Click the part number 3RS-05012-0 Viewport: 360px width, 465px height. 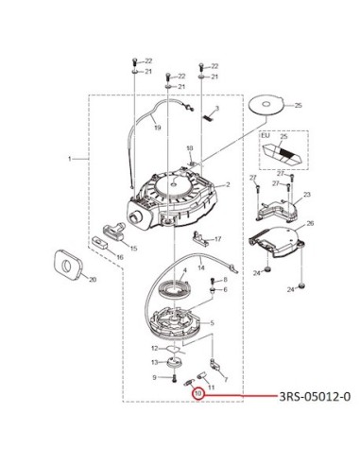pos(315,396)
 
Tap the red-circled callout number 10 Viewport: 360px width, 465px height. pos(198,393)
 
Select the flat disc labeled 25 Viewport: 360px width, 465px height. pos(266,104)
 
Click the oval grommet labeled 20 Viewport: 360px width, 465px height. pos(68,265)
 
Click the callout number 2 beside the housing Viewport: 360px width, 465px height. pos(228,184)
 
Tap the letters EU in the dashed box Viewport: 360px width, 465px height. pos(266,135)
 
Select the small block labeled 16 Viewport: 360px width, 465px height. pos(99,242)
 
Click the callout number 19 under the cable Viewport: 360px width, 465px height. pos(158,128)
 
